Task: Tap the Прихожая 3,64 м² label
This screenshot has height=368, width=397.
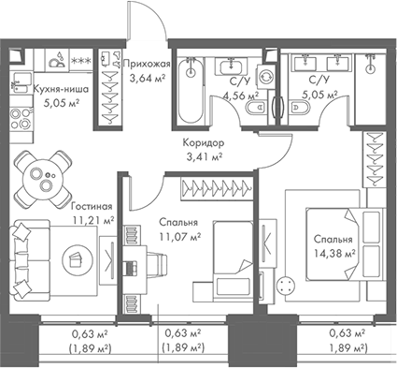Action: click(146, 70)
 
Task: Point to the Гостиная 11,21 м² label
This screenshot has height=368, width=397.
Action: click(90, 213)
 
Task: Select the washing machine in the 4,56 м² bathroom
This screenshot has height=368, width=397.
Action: click(264, 80)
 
